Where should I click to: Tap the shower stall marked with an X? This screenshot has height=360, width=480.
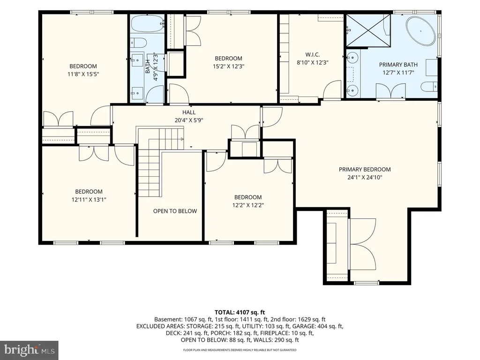coord(368,30)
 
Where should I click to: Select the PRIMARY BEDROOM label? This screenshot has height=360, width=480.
coord(365,169)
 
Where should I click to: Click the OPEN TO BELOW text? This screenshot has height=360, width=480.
coord(175,211)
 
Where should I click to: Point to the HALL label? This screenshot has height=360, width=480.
coord(189,112)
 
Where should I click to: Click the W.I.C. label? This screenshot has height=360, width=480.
coord(312,55)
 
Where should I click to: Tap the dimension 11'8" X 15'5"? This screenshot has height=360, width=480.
coord(83,74)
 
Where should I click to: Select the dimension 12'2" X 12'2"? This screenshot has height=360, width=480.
coord(248,205)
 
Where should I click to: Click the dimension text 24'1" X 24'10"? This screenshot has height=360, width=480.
coord(365,177)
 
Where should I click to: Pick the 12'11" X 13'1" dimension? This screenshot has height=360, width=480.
coord(89,200)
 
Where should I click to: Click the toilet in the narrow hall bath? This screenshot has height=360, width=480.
coord(139,43)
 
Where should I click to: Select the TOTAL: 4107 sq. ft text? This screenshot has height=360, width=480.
coord(240,312)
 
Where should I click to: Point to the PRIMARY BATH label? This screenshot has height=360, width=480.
coord(398,65)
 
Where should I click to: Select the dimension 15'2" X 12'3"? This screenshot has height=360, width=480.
coord(228,66)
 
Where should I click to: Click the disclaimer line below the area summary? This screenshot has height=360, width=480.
coord(240,350)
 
